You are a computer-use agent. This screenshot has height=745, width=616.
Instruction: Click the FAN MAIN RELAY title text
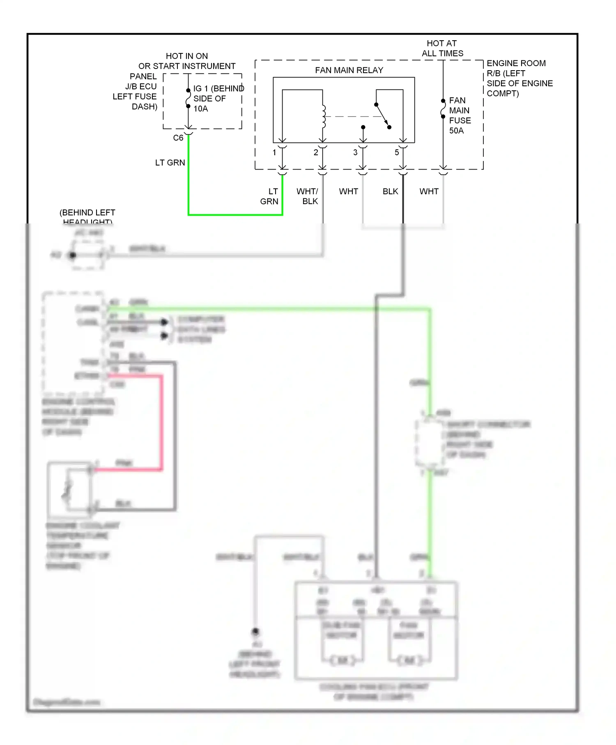[x=349, y=70]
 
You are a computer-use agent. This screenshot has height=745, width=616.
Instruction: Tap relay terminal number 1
[x=274, y=152]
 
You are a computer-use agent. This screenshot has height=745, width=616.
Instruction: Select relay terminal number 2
[x=315, y=152]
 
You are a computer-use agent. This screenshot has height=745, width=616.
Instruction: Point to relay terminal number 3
[x=355, y=152]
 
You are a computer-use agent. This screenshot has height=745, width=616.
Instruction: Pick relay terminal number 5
[x=396, y=152]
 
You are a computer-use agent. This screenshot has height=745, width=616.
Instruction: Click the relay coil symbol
[x=324, y=116]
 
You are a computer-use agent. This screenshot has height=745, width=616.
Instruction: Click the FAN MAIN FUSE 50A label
[x=460, y=115]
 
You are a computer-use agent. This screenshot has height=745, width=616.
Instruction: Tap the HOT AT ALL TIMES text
[x=442, y=48]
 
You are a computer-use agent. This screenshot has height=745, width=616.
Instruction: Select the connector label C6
[x=178, y=138]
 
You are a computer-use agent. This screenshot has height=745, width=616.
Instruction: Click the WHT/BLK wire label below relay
[x=308, y=196]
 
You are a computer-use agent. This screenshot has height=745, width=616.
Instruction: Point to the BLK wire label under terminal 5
[x=390, y=191]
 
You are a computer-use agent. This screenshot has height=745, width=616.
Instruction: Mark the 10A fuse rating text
[x=201, y=109]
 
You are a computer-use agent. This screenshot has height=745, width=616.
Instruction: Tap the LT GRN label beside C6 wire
[x=170, y=163]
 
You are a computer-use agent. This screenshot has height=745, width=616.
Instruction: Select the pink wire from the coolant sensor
[x=161, y=423]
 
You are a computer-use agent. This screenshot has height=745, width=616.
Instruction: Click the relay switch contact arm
[x=382, y=115]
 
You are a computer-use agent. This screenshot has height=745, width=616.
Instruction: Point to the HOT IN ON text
[x=186, y=56]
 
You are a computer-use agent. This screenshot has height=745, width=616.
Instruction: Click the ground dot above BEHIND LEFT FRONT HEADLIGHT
[x=255, y=631]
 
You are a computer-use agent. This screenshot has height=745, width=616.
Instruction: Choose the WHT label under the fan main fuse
[x=429, y=191]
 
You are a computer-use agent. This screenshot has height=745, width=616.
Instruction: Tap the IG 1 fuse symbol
[x=188, y=98]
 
